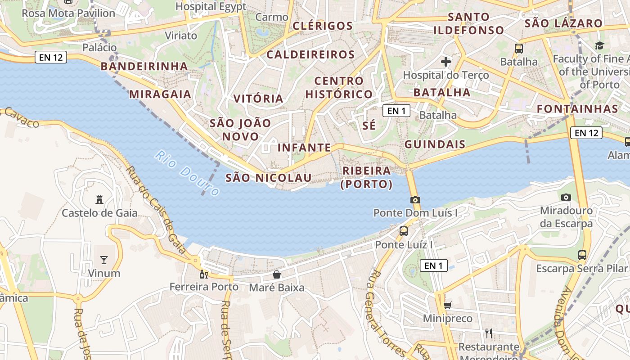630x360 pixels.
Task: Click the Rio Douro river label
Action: pos(186,173)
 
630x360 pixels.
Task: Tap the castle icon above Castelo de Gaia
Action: pos(99,199)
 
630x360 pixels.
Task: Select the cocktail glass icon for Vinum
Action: pos(104,260)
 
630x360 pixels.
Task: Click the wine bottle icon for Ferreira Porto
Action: pos(204,274)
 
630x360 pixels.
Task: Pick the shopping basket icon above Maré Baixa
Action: pos(277,274)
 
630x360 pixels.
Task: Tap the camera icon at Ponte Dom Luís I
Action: pos(415,200)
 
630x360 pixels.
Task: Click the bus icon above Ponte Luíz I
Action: pos(404,231)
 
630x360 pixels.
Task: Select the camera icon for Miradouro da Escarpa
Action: pos(566,197)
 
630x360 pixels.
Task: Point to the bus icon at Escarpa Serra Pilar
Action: pos(582,255)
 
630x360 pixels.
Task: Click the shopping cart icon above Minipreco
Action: pos(447,306)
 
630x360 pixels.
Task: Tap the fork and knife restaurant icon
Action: pos(489,333)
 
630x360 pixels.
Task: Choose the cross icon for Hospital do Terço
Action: pos(446,61)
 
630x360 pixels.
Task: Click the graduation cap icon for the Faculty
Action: pos(599,45)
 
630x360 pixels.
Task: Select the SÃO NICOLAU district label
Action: pos(268,178)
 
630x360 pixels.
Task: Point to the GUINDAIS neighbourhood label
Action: pos(435,144)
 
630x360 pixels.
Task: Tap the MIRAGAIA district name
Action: pos(160,94)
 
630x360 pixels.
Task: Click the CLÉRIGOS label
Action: pos(323,26)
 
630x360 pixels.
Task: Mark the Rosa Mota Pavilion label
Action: pos(68,13)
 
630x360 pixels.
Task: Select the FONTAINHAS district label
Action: pos(577,109)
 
